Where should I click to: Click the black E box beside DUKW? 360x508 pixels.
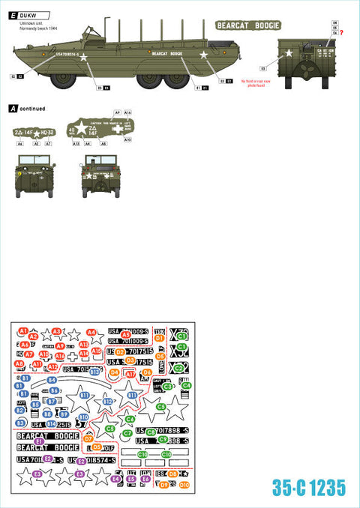click(13, 6)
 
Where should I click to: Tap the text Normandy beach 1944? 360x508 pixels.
click(38, 17)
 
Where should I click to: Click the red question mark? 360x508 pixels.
click(342, 34)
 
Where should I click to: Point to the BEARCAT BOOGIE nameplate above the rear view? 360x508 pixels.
click(248, 25)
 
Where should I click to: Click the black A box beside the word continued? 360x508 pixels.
click(12, 109)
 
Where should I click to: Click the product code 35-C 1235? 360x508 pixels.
click(309, 488)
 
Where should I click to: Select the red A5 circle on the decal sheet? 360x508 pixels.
click(126, 335)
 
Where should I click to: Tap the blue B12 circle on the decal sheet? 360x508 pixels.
click(108, 402)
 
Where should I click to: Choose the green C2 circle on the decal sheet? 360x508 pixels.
click(178, 368)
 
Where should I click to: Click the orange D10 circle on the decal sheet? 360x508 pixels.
click(184, 485)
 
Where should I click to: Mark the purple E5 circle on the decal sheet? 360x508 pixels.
click(131, 479)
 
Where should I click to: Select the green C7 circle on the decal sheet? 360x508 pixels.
click(127, 433)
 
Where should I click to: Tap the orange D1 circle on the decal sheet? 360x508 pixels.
click(159, 339)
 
